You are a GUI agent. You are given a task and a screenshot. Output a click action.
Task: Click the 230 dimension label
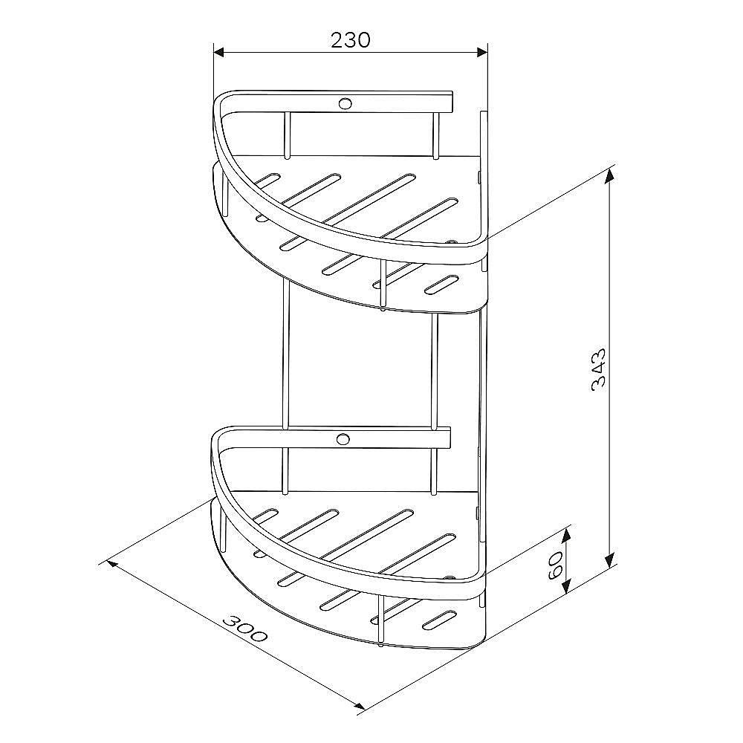pyautogui.click(x=350, y=41)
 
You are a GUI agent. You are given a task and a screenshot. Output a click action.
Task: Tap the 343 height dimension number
pyautogui.click(x=598, y=369)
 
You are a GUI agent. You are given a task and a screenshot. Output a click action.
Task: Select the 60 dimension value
pyautogui.click(x=555, y=565)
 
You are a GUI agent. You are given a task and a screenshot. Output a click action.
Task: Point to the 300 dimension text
pyautogui.click(x=245, y=629)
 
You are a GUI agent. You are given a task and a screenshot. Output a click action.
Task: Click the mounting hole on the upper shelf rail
pyautogui.click(x=345, y=103)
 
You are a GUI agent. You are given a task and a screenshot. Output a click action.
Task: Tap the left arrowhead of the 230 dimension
pyautogui.click(x=219, y=52)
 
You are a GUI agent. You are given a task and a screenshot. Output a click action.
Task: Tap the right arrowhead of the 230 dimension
pyautogui.click(x=482, y=52)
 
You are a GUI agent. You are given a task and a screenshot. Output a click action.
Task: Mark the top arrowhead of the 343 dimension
pyautogui.click(x=610, y=175)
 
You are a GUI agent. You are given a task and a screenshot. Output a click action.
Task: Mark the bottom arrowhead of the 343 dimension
pyautogui.click(x=610, y=560)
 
